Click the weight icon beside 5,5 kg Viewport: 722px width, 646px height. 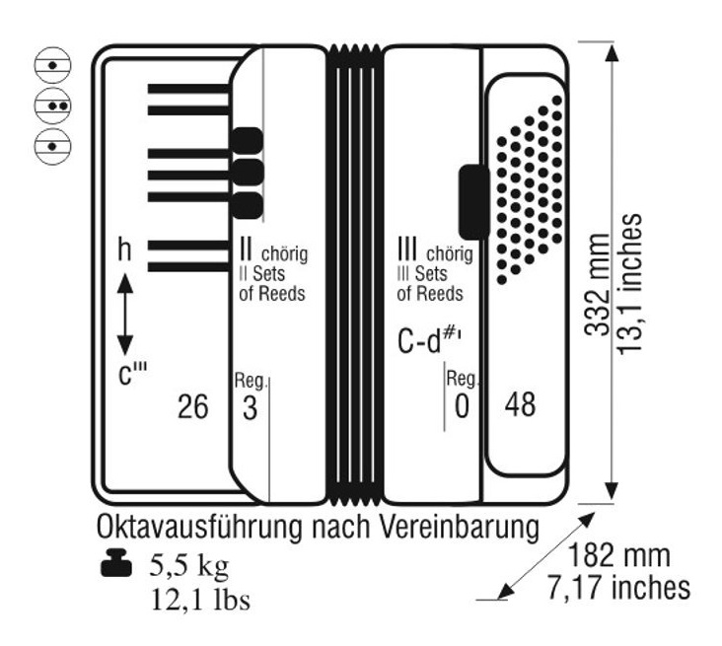point(116,562)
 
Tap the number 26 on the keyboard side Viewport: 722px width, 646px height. point(193,406)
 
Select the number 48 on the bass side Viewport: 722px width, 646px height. point(521,404)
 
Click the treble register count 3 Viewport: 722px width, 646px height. point(250,408)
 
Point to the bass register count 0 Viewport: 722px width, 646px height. point(462,406)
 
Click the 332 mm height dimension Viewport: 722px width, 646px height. point(597,285)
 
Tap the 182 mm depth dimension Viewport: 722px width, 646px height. point(618,555)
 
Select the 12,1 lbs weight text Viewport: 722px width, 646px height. point(201,600)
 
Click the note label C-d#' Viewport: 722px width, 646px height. point(429,340)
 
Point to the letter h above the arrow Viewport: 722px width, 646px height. point(124,250)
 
